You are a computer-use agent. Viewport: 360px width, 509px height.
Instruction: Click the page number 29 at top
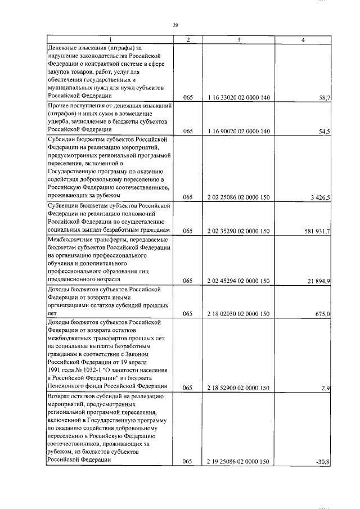tap(175, 25)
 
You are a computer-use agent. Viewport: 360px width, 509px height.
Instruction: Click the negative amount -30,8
tap(323, 462)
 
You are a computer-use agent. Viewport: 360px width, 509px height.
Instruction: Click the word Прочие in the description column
tap(60, 106)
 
